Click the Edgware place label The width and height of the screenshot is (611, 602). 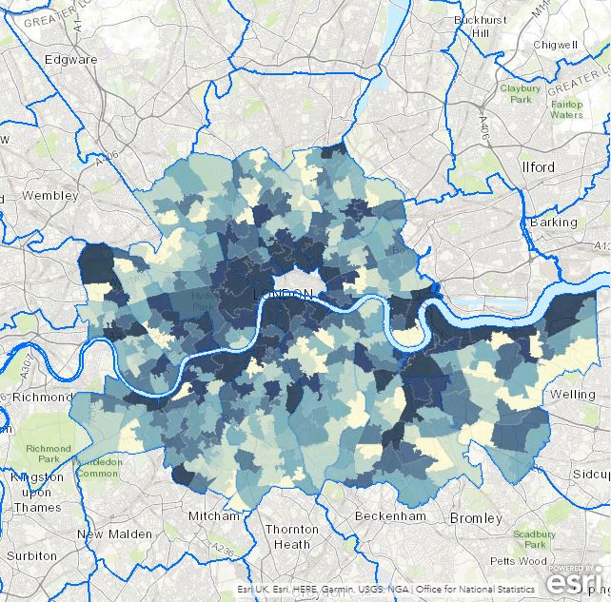point(71,59)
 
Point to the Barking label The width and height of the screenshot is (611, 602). point(553,222)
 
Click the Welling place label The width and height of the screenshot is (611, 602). point(572,394)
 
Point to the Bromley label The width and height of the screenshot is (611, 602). point(475,518)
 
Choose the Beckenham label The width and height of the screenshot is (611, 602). point(387,515)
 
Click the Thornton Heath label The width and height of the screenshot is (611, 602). point(292,536)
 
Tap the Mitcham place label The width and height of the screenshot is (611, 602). point(214,515)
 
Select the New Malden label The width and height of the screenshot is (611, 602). point(115,534)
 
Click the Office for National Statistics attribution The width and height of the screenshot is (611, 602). point(482,590)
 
